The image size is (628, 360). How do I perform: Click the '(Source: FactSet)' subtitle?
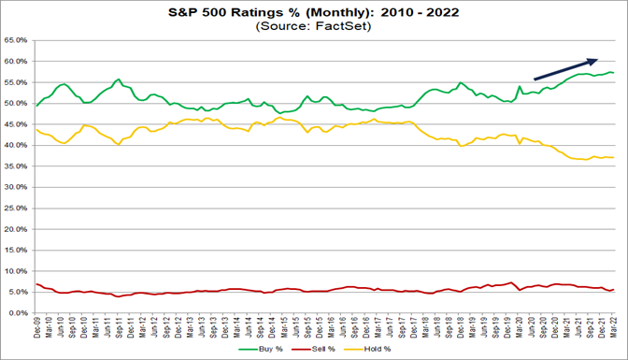coord(313,26)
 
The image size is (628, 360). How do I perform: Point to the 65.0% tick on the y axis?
coord(17,41)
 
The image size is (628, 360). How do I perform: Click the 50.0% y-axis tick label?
coord(17,104)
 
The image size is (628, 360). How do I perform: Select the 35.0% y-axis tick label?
coord(17,166)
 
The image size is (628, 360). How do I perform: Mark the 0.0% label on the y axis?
coord(19,313)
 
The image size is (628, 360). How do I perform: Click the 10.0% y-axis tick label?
coord(17,271)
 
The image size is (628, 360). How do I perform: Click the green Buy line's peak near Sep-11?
coord(118,79)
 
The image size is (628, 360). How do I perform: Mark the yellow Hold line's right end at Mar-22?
coord(613,157)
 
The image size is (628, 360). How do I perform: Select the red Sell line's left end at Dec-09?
coord(36,284)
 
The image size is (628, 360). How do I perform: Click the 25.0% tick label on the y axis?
coord(17,209)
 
